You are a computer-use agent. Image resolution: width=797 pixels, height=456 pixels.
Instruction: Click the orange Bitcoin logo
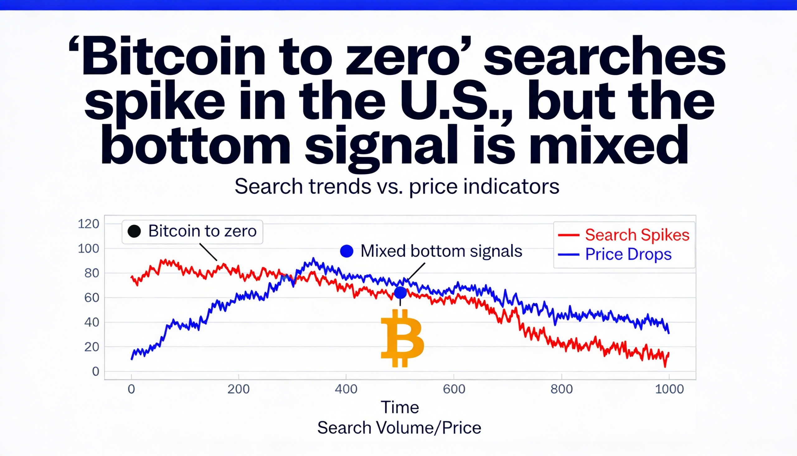coord(402,338)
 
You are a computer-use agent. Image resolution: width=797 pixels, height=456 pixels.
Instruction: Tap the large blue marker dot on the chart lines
coord(400,293)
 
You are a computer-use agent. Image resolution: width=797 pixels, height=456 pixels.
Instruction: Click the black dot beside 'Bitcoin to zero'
coord(134,231)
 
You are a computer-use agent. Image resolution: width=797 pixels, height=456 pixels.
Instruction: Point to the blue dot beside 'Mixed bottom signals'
coord(347,251)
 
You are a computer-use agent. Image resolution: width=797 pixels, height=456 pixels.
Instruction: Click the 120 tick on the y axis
coord(88,224)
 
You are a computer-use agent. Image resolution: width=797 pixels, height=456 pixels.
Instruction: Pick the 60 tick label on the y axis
coord(91,298)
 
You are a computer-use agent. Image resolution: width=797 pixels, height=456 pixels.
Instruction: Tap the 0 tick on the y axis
coord(95,372)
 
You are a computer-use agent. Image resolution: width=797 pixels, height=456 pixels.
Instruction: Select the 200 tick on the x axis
coord(238,389)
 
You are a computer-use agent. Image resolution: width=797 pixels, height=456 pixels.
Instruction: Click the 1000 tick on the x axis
coord(669,389)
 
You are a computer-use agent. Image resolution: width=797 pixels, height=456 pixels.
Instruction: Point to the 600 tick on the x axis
coord(454,389)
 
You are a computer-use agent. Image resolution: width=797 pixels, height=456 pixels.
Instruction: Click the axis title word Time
coord(400,407)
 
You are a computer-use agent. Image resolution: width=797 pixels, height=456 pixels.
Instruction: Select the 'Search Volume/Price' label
coord(399,428)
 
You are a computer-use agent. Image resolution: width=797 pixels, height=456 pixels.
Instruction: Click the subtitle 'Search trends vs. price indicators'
coord(397,187)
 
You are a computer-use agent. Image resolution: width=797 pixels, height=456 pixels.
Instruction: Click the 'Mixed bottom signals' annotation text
coord(441,251)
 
